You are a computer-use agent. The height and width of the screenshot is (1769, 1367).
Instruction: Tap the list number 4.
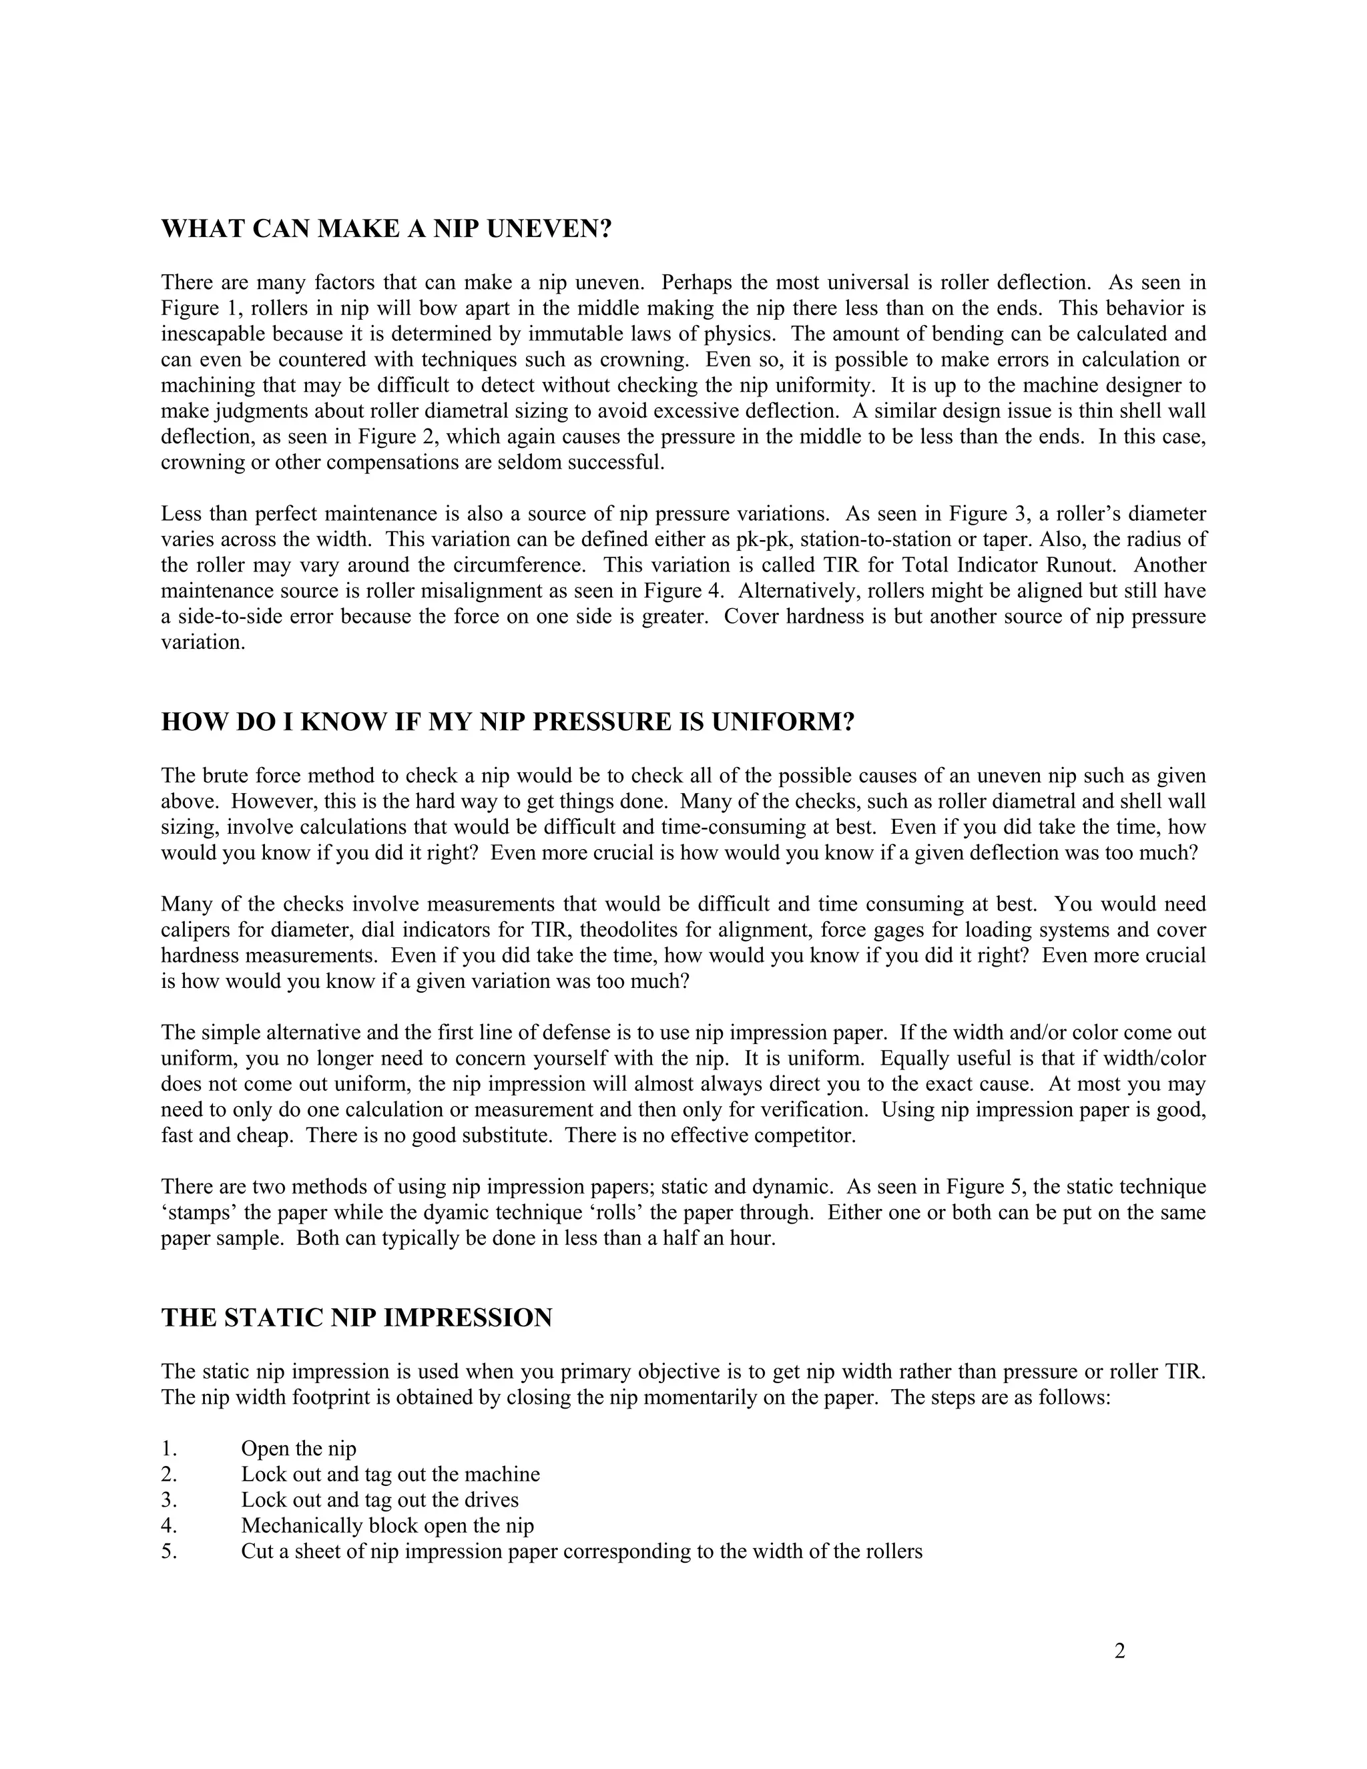[168, 1526]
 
